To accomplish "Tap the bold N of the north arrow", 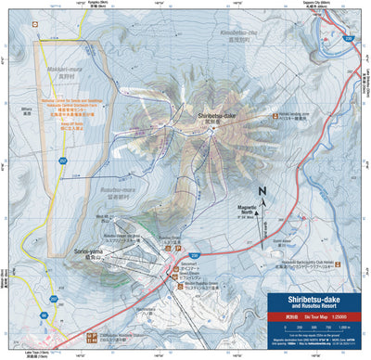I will [262, 194].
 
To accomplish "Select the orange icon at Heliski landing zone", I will [274, 116].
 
